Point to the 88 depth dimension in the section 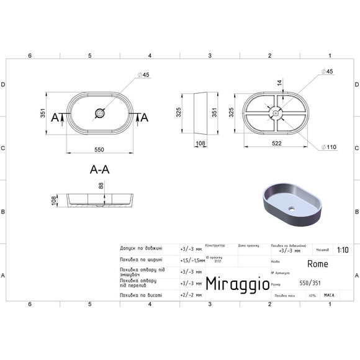click(101, 186)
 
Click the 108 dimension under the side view click(200, 144)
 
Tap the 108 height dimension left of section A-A click(54, 200)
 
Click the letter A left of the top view click(55, 117)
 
